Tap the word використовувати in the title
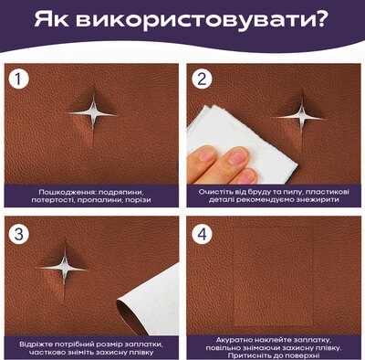(193, 20)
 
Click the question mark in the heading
(319, 20)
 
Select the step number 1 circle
(18, 79)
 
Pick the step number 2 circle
(202, 79)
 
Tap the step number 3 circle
(19, 235)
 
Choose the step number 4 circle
(203, 235)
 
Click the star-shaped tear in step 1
(92, 113)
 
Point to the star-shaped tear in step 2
(301, 117)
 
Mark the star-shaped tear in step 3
(64, 268)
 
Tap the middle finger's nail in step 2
(239, 156)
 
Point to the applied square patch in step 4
(273, 276)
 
